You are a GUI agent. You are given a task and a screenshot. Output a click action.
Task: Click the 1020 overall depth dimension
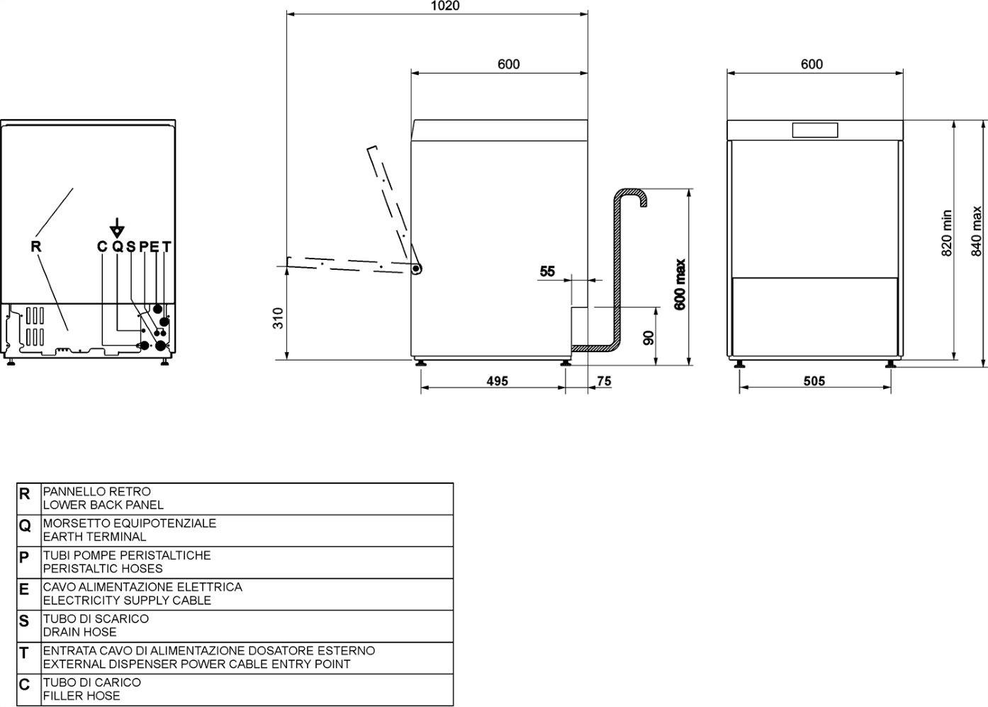[444, 5]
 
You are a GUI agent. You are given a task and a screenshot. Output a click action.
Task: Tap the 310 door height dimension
[278, 318]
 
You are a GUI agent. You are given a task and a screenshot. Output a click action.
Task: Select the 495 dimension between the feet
[497, 381]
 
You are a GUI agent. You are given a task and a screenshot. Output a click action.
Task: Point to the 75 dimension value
[604, 381]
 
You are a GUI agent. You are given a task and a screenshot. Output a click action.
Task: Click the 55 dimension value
[547, 271]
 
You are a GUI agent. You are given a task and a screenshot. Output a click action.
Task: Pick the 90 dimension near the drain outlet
[649, 338]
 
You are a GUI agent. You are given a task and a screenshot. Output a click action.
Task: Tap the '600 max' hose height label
[680, 285]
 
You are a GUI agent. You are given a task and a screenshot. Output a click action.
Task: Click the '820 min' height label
[947, 233]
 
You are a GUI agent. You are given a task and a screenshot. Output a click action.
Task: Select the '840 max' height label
[976, 232]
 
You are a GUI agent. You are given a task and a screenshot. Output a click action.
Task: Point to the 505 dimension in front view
[814, 381]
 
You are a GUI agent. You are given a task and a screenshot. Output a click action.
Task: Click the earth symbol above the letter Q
[117, 228]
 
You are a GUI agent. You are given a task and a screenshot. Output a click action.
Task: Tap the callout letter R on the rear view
[36, 247]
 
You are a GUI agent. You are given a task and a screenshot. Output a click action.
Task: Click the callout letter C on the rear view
[102, 247]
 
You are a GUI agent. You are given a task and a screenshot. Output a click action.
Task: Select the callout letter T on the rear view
[167, 247]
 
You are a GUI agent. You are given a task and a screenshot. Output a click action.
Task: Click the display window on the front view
[814, 130]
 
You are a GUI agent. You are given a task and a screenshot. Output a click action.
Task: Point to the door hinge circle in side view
[415, 268]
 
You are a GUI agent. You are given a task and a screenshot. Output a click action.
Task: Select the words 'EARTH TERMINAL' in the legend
[94, 537]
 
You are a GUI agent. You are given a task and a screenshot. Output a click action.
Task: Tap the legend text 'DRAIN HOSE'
[80, 632]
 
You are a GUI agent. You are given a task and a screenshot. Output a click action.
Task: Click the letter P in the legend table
[24, 558]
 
